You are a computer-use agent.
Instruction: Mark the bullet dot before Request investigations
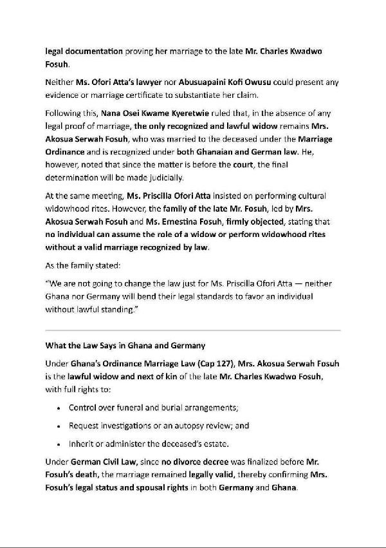(x=59, y=426)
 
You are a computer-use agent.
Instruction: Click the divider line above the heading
(x=192, y=330)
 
